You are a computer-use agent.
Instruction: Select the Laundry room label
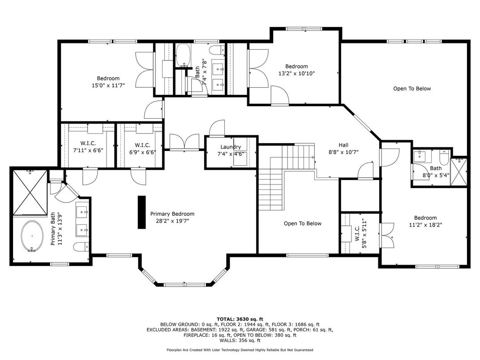[231, 147]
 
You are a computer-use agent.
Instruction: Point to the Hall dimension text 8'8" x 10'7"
[343, 152]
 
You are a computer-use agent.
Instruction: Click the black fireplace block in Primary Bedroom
[141, 212]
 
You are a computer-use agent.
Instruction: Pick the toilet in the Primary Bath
[81, 246]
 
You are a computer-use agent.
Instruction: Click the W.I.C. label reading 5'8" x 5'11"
[360, 233]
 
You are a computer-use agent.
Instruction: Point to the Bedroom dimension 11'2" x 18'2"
[425, 225]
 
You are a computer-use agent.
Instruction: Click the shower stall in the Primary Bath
[30, 192]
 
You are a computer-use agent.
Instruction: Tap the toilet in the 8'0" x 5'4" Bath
[444, 157]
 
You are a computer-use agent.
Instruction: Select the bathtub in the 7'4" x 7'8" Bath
[184, 55]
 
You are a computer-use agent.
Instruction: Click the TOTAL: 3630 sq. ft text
[240, 319]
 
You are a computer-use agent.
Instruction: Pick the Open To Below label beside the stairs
[302, 223]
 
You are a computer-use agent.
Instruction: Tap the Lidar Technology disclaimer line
[240, 350]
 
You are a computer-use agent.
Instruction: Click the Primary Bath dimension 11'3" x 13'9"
[60, 229]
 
